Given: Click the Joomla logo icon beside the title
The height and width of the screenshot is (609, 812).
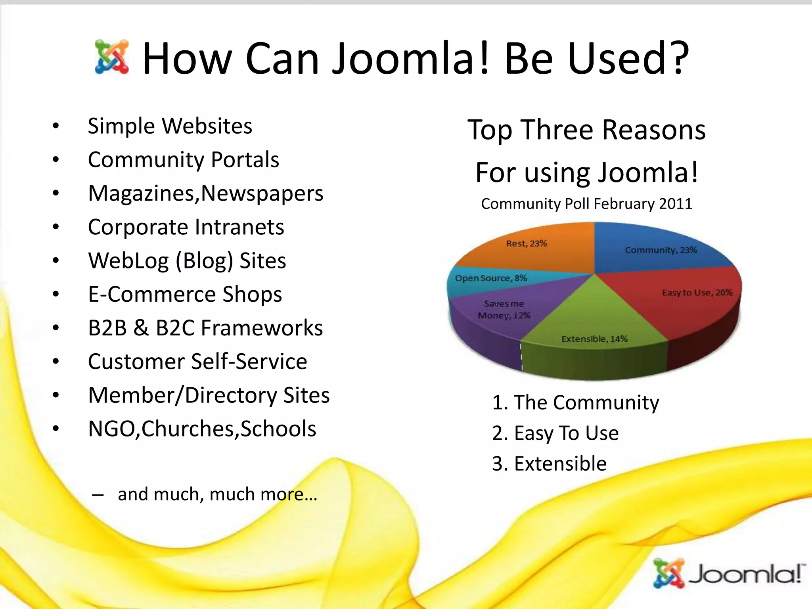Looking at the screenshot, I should pos(112,57).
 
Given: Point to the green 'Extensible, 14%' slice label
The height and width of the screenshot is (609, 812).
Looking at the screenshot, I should pos(594,339).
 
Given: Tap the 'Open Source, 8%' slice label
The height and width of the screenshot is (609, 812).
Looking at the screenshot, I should pos(491,278).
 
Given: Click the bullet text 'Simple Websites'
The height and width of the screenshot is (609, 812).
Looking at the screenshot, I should pos(170,126).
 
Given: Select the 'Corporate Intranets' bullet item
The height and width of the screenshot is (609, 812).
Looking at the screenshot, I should pos(186,227).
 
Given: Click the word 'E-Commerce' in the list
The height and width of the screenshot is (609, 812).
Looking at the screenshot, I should pos(151,295).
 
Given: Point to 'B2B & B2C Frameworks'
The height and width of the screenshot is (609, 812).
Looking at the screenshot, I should pos(205,328).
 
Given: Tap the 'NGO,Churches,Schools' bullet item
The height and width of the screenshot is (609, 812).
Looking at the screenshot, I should pos(202,429).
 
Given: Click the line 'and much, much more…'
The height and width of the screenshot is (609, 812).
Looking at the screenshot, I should pos(217,494).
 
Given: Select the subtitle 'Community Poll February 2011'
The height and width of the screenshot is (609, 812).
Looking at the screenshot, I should pos(586,204).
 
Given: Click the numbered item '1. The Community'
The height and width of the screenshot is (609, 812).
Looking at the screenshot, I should pos(575,402).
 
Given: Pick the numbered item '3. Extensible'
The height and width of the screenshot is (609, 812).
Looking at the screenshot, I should pos(549,463).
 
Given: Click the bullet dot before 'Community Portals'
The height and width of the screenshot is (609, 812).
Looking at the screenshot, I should pos(56,160).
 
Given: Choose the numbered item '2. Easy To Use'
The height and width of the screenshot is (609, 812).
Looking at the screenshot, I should pos(555,433).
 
